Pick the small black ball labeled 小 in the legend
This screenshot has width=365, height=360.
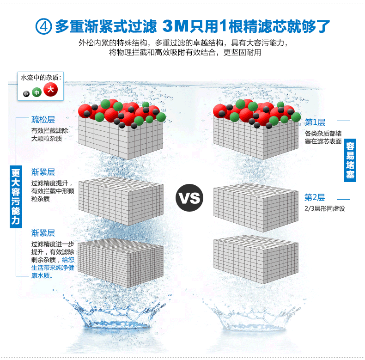pos(26,94)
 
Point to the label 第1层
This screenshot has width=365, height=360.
pos(315,122)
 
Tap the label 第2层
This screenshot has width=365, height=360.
pos(315,197)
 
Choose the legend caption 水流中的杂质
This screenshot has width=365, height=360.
pos(41,78)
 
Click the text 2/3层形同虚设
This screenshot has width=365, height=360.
pos(325,209)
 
